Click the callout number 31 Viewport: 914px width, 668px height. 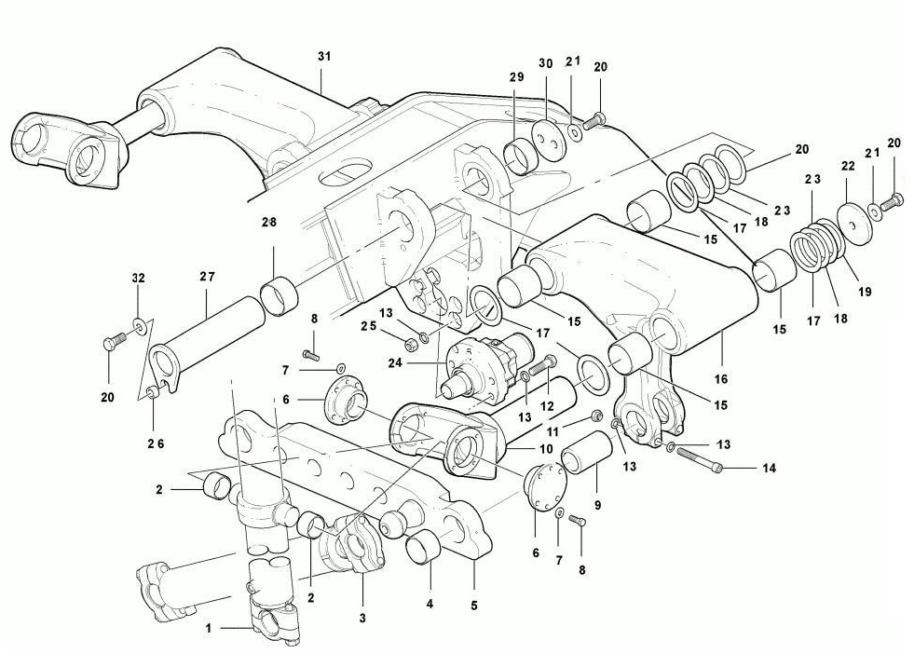click(x=324, y=57)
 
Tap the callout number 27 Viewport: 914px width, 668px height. click(x=207, y=277)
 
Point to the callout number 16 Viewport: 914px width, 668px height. click(x=721, y=379)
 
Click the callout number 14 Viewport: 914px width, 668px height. click(x=770, y=468)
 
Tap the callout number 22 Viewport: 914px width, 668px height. click(x=848, y=166)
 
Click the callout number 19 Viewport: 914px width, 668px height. click(x=865, y=292)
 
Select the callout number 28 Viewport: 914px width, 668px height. click(x=268, y=222)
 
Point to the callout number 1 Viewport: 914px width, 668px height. click(x=208, y=628)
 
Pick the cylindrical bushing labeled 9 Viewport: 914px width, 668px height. click(x=587, y=453)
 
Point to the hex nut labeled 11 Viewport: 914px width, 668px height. click(x=596, y=416)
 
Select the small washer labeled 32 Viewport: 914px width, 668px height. click(x=139, y=323)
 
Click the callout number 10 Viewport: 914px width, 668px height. click(x=546, y=449)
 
